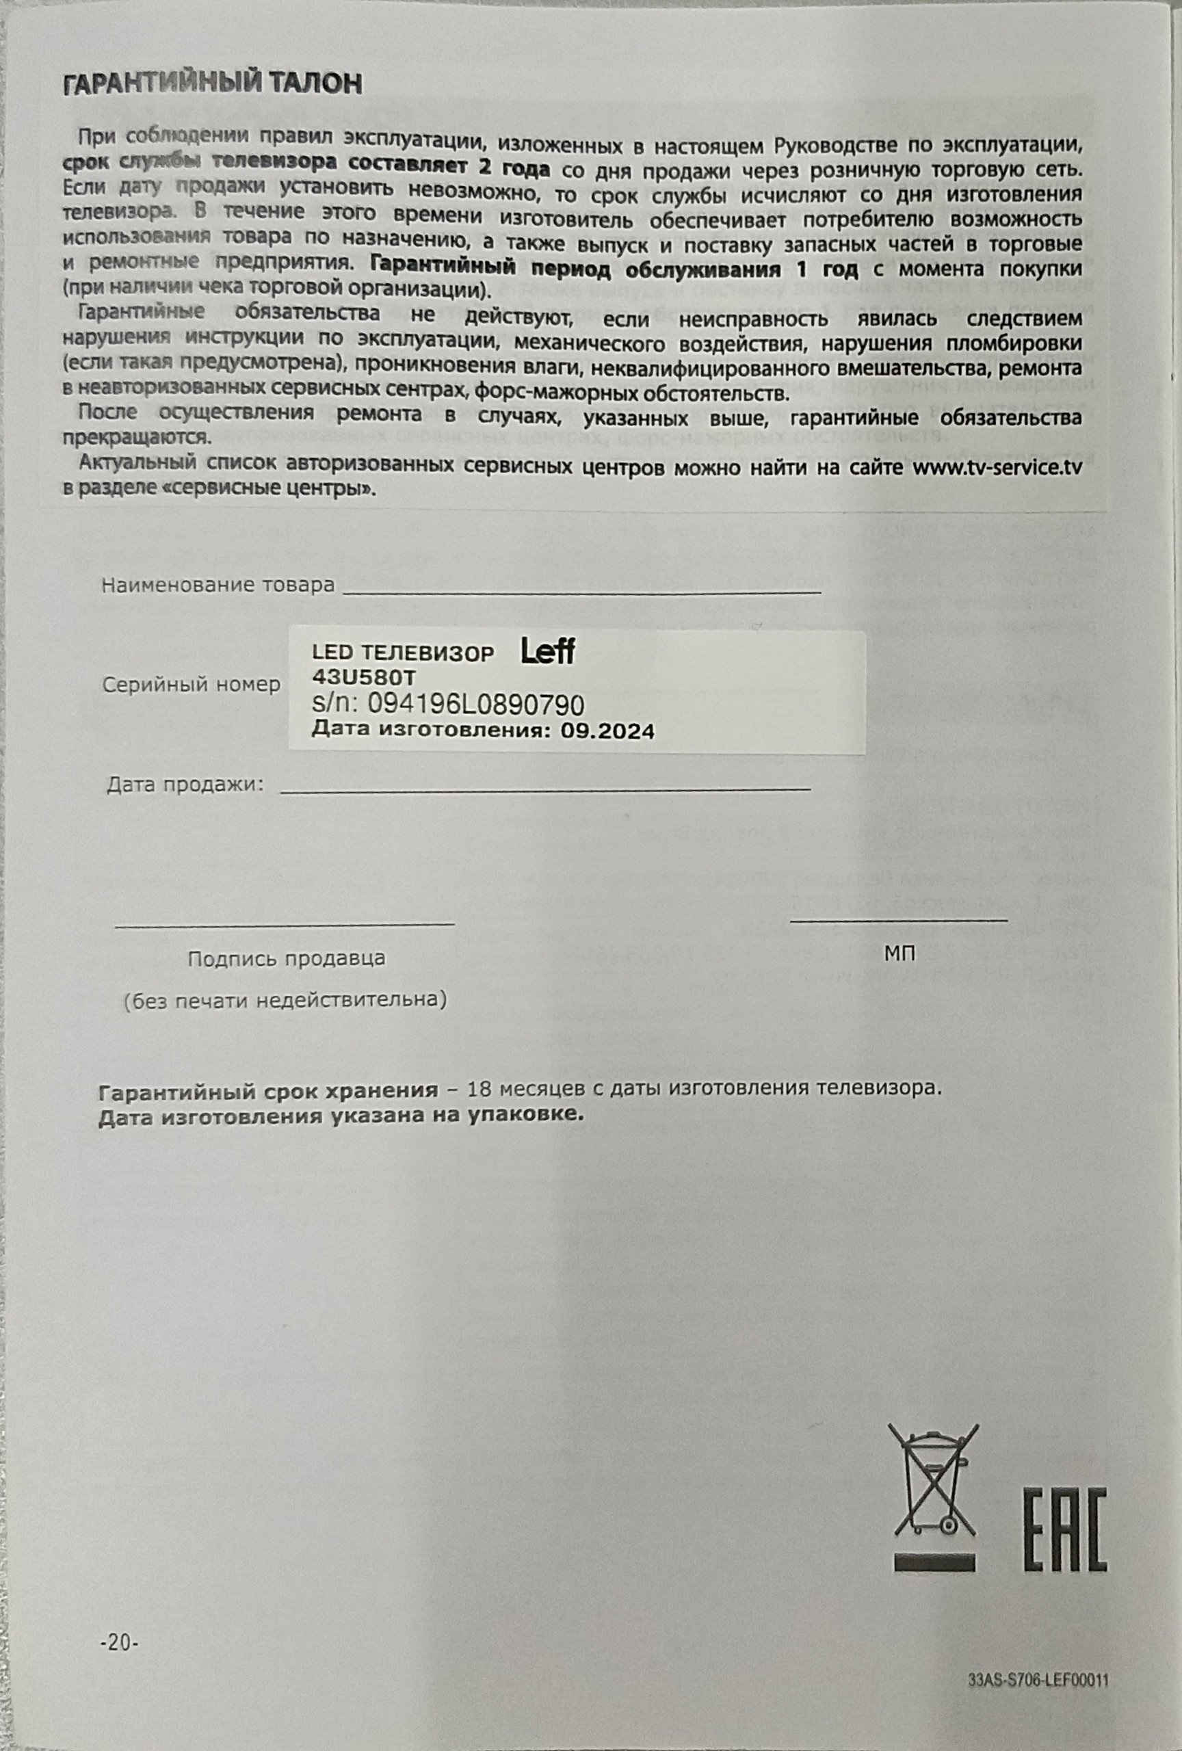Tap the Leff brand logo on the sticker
pos(548,652)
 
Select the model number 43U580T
pos(363,677)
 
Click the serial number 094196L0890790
pos(475,705)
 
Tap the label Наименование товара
pos(218,585)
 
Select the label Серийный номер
pos(192,685)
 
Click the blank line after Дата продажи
pos(544,788)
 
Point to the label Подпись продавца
pos(287,958)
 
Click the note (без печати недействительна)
pos(285,1000)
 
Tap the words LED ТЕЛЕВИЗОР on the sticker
pos(403,653)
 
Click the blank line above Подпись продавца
pos(285,923)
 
